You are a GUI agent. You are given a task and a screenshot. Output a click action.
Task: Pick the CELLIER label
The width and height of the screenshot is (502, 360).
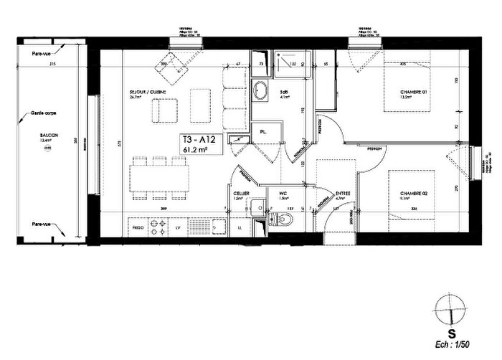click(x=241, y=194)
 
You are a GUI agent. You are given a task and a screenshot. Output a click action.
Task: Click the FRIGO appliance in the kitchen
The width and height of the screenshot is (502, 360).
click(x=137, y=227)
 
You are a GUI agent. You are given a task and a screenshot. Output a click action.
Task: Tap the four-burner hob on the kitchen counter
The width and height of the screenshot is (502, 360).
click(x=153, y=227)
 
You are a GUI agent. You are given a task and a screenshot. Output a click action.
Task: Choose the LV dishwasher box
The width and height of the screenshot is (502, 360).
click(x=178, y=227)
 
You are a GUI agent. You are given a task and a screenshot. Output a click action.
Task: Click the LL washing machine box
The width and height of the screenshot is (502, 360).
click(x=239, y=227)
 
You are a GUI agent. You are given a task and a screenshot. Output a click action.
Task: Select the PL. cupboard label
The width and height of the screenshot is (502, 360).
click(x=263, y=132)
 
